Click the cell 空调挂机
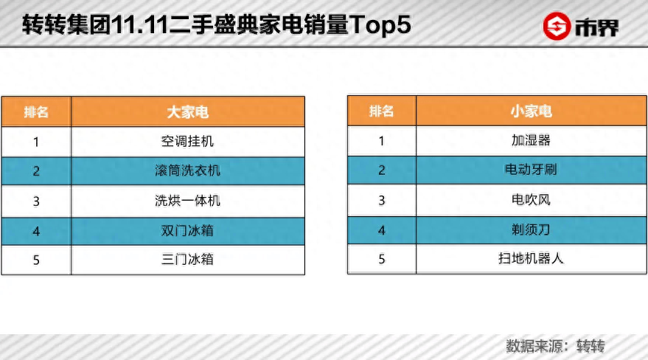click(187, 141)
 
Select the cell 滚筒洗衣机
click(187, 171)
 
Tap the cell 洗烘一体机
click(187, 201)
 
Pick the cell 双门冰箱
click(187, 230)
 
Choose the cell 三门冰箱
click(187, 259)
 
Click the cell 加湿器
click(531, 140)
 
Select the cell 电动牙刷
click(531, 170)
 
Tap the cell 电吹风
click(531, 200)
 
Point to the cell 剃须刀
click(531, 229)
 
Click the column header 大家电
click(187, 112)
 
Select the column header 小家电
click(531, 111)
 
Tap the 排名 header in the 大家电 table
click(36, 112)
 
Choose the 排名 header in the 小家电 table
click(381, 111)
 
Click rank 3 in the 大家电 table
click(36, 201)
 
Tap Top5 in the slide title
click(380, 25)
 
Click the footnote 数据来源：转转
click(555, 345)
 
